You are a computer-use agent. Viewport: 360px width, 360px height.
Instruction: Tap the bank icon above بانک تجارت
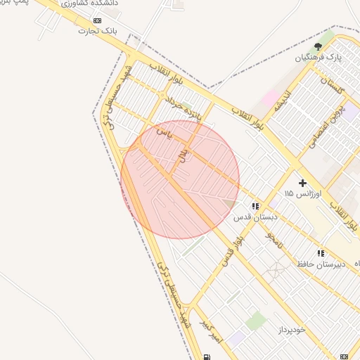(x=97, y=21)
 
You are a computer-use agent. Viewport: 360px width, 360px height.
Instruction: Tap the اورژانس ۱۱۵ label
(x=302, y=193)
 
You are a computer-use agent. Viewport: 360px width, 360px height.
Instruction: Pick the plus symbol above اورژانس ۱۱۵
(x=303, y=183)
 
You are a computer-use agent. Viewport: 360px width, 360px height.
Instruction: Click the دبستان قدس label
(x=255, y=217)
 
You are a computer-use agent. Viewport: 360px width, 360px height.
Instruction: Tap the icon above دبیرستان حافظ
(x=321, y=253)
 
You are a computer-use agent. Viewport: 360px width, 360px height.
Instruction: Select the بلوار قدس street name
(x=232, y=252)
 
